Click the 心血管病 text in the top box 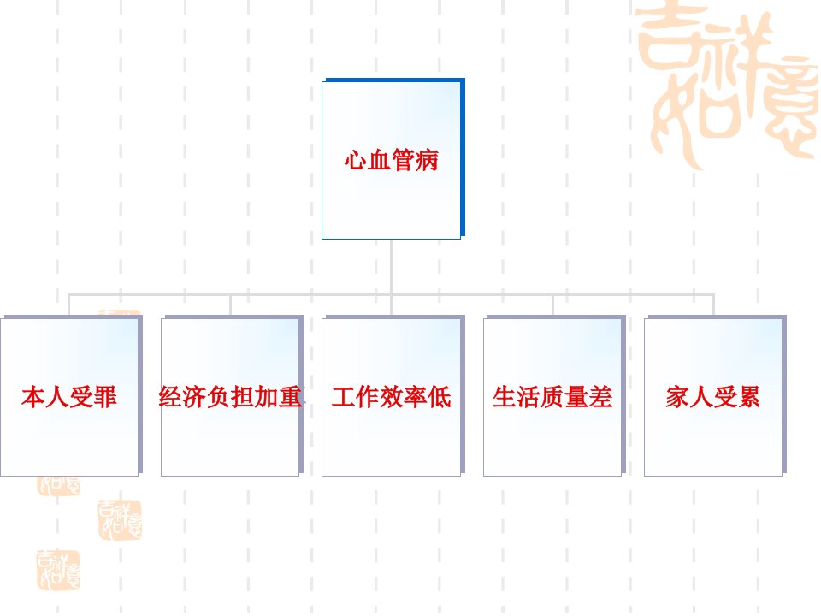391,160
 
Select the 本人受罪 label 69,397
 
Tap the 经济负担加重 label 230,397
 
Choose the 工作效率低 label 391,397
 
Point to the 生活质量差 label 552,397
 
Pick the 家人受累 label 713,397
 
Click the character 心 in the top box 356,160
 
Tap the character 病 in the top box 428,160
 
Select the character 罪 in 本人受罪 105,397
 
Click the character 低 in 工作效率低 440,397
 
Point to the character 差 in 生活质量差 601,397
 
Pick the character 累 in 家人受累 749,397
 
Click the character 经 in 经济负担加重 170,397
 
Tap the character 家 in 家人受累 677,397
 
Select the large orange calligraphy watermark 728,84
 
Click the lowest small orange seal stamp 58,571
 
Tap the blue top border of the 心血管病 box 395,80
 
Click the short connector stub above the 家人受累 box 713,305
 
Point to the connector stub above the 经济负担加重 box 230,305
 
